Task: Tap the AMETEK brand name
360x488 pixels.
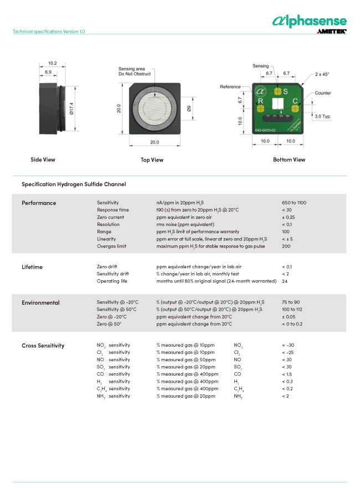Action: point(331,32)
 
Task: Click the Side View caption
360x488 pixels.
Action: point(43,160)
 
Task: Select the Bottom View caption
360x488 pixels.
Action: point(289,160)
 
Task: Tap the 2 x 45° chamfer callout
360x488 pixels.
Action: point(323,74)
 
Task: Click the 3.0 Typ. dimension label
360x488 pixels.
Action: point(323,116)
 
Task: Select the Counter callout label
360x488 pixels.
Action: point(323,93)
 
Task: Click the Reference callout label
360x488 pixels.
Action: point(230,87)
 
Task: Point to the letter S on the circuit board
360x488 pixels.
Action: point(286,91)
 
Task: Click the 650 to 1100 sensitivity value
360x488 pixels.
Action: point(294,203)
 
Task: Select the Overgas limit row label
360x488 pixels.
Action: point(111,246)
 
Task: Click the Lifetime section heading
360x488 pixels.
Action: point(32,267)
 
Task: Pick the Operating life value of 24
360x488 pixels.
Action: point(285,281)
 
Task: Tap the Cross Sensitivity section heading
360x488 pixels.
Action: point(43,346)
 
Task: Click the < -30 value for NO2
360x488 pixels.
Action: point(288,345)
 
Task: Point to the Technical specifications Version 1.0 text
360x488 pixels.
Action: point(49,32)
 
